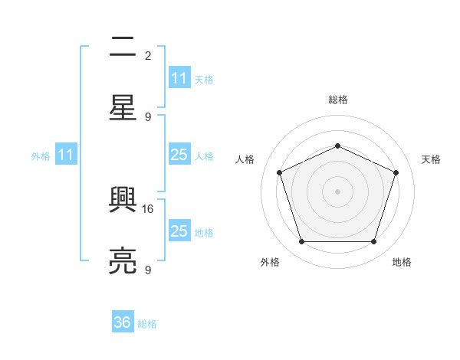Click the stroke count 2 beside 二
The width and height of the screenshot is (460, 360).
click(148, 55)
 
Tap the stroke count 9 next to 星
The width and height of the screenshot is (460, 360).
click(148, 116)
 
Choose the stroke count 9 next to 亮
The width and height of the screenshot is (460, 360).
click(148, 270)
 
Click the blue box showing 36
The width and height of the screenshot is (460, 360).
click(123, 322)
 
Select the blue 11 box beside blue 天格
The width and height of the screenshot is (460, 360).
click(179, 78)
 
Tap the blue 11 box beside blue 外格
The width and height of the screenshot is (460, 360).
click(66, 155)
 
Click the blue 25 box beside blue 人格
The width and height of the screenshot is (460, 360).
click(179, 155)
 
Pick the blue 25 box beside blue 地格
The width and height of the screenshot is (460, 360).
click(179, 231)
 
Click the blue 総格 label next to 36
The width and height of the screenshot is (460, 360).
click(147, 324)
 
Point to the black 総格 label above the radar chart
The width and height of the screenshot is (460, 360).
click(337, 100)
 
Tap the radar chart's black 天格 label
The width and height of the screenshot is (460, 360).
click(431, 159)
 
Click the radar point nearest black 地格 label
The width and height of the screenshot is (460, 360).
click(373, 242)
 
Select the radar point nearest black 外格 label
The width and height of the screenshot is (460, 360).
click(301, 242)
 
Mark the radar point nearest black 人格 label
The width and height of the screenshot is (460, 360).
click(279, 172)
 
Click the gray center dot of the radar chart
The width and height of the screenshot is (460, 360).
click(337, 191)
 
